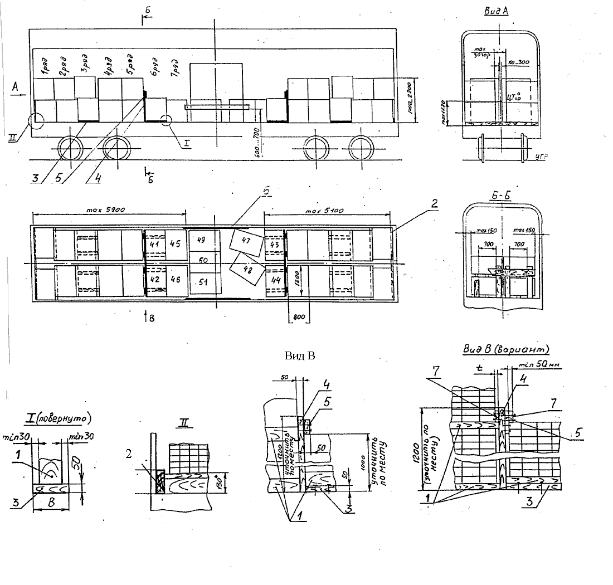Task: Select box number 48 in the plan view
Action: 246,270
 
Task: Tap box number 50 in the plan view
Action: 203,260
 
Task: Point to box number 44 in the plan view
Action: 275,280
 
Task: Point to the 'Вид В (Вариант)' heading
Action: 506,349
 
